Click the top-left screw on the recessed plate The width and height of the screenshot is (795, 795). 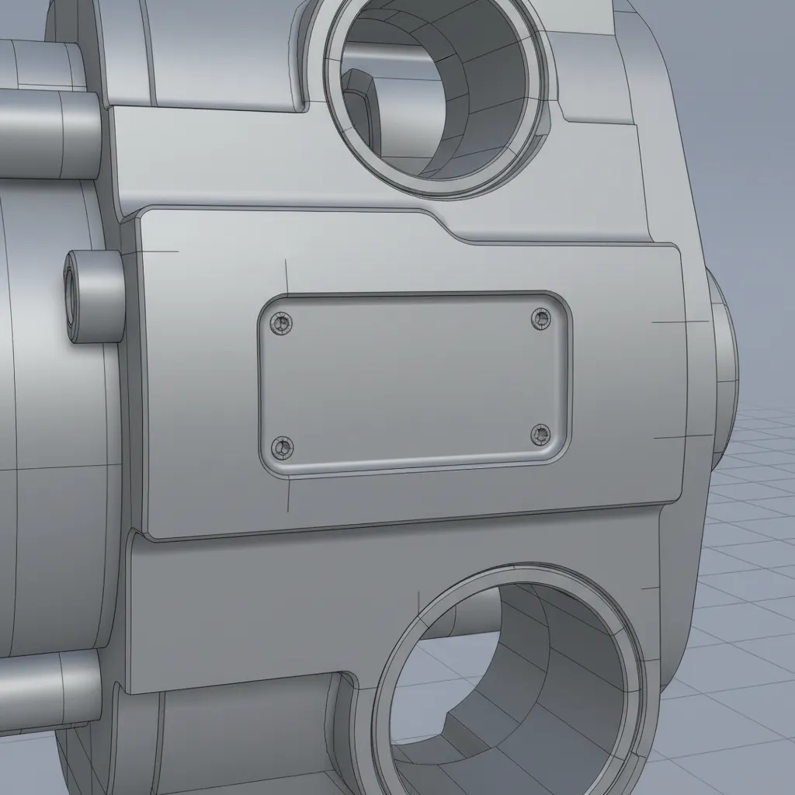pos(281,322)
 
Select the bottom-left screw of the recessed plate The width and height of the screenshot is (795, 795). pos(281,447)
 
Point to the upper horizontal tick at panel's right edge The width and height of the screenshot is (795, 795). pos(679,321)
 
